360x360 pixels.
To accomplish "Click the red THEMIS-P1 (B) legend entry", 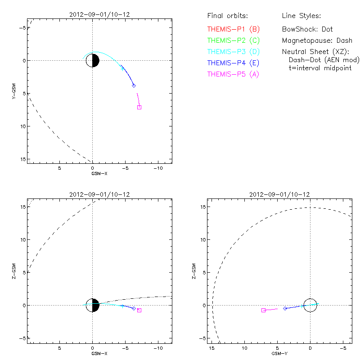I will click(x=233, y=29).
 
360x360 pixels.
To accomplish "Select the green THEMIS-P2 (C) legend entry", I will click(x=233, y=40).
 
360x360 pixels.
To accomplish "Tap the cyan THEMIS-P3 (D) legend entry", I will click(x=233, y=52).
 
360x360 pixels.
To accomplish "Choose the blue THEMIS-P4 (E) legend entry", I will click(x=233, y=63).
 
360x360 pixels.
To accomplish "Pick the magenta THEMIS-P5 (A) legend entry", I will click(x=233, y=74).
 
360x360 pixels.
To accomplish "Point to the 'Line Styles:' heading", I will click(x=301, y=16).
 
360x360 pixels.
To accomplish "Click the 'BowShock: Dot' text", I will click(x=307, y=29).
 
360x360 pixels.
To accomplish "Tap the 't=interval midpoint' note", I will click(x=320, y=68).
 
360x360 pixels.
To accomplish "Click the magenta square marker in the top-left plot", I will click(x=139, y=107).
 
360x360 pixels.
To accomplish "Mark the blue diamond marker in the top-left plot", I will click(x=134, y=85).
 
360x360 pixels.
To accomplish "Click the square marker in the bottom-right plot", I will click(x=264, y=310).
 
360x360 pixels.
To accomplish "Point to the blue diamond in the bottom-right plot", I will click(x=285, y=308).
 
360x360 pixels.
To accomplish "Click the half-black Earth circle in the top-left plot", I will click(x=92, y=60).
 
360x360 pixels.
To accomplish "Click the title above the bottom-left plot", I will click(x=99, y=194).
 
